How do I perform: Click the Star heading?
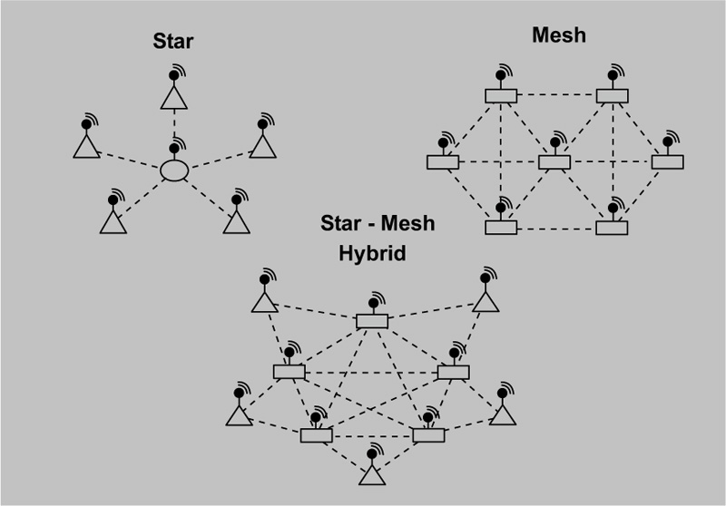(173, 41)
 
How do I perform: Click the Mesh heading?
(559, 35)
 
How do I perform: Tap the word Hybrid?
(372, 254)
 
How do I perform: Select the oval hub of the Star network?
(174, 170)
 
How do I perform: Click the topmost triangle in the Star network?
(174, 98)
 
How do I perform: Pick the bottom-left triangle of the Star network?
(113, 222)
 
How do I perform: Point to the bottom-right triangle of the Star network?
(237, 222)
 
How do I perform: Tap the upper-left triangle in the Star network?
(86, 147)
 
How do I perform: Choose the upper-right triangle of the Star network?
(263, 147)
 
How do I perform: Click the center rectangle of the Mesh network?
(554, 162)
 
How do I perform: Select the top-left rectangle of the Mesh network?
(501, 96)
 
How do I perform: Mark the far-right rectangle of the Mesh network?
(668, 162)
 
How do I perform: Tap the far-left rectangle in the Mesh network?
(443, 162)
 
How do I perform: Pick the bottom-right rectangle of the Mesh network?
(612, 228)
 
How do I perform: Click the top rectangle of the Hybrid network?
(372, 321)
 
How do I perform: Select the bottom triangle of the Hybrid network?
(372, 474)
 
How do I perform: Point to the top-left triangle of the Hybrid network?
(265, 302)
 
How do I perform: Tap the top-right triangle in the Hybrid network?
(486, 302)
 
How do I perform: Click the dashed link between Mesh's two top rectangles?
(556, 95)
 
